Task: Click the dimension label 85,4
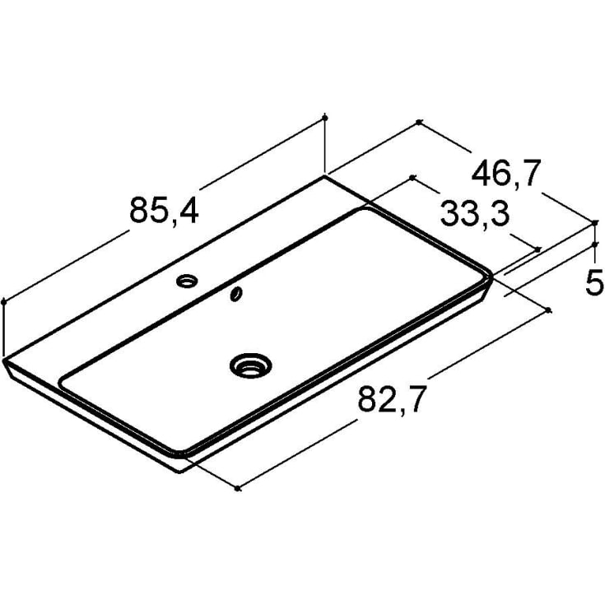(164, 210)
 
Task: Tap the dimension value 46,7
(506, 174)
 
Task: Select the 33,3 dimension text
(475, 214)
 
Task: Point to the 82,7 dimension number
(392, 399)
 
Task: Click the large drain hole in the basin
(251, 365)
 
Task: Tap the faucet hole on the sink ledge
(187, 281)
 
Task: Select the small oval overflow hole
(236, 293)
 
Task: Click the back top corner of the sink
(324, 175)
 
